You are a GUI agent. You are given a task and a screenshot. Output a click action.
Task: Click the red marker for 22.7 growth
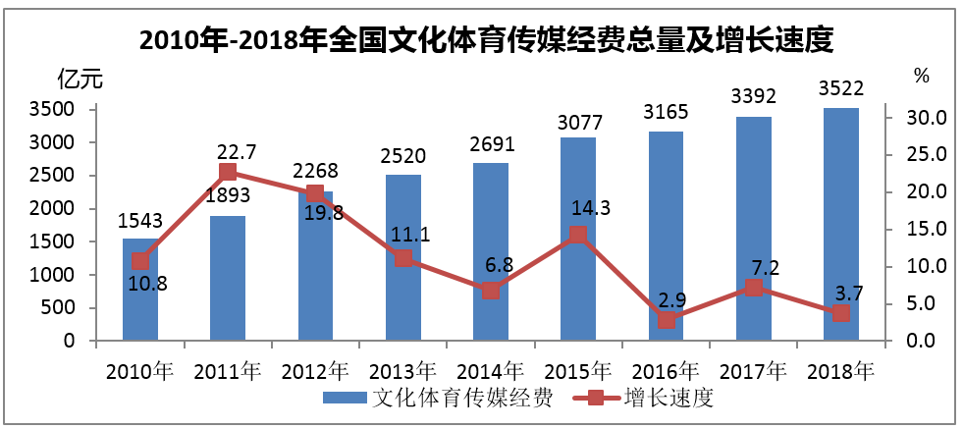click(228, 173)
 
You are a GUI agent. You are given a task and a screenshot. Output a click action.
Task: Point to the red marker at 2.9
click(666, 320)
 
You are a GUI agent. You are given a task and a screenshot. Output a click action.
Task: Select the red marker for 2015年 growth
click(578, 235)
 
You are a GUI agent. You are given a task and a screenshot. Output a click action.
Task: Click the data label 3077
click(579, 122)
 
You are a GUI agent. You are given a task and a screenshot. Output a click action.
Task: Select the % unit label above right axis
click(921, 75)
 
